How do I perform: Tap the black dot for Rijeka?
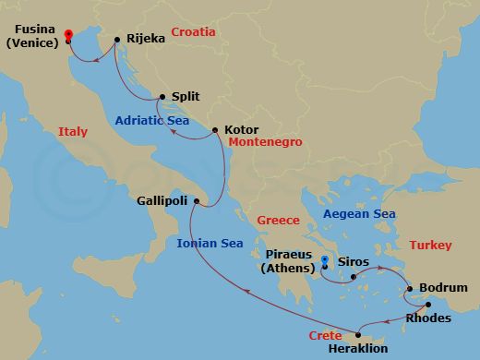click(117, 40)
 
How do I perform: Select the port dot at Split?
click(162, 96)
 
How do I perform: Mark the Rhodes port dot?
click(428, 305)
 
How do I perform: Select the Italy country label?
click(72, 132)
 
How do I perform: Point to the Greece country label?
click(279, 221)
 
